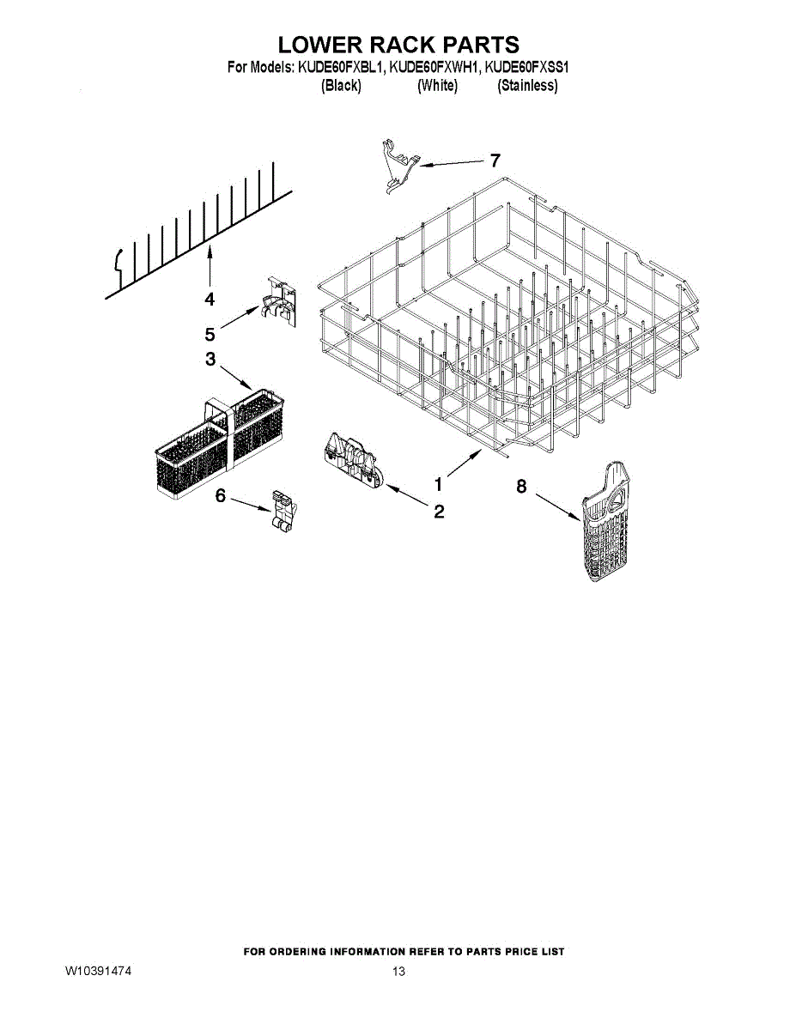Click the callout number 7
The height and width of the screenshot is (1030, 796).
(x=495, y=161)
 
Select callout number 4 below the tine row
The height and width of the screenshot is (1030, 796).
(x=210, y=299)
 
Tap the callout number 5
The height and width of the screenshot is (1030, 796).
(x=210, y=334)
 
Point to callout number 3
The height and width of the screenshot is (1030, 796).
(x=210, y=360)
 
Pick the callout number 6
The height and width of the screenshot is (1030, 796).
(x=221, y=495)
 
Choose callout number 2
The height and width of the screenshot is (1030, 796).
(x=439, y=512)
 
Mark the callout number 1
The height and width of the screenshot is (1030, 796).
(x=438, y=483)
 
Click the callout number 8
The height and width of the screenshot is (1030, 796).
(x=521, y=486)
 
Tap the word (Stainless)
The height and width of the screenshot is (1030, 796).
(x=527, y=86)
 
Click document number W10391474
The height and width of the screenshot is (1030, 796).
(x=99, y=972)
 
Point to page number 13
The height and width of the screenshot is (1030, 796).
(x=398, y=972)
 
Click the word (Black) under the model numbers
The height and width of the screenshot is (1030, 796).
(x=340, y=86)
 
